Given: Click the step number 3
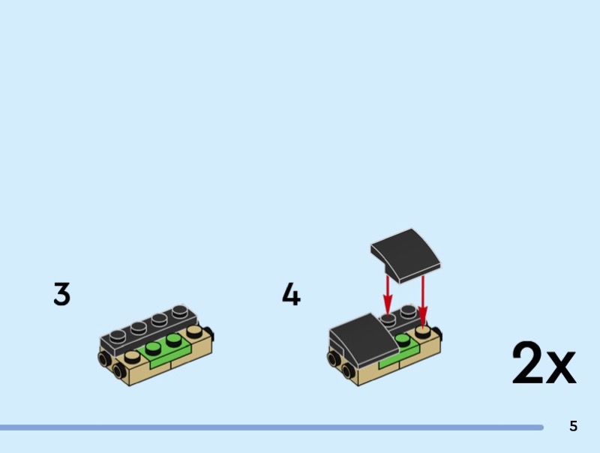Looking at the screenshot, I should (x=61, y=294).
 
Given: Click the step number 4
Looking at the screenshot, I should (x=291, y=294).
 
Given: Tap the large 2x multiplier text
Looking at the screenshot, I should (x=544, y=363).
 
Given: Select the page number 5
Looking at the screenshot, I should (x=574, y=427).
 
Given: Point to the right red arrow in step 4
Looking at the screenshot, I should (x=423, y=300).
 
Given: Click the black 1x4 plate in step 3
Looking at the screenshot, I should (x=150, y=330).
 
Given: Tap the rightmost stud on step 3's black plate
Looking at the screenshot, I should (x=180, y=310).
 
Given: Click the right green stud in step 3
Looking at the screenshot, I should (x=175, y=340).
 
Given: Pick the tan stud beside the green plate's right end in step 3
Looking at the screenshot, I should (x=194, y=330).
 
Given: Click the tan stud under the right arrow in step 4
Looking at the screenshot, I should (x=423, y=330).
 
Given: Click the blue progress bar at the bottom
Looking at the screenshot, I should (x=270, y=427).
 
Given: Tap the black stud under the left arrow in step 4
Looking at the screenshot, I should (x=388, y=318).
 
